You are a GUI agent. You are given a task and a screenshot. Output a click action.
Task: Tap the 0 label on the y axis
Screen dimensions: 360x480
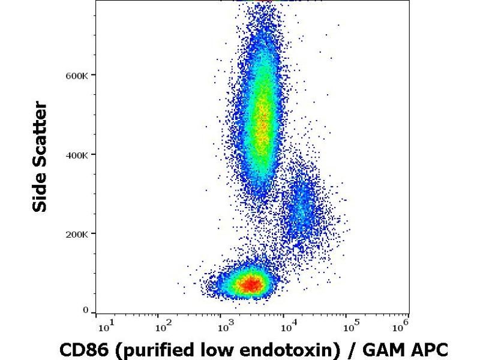point(86,310)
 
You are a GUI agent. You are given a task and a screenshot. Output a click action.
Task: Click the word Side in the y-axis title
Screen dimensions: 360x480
point(40,190)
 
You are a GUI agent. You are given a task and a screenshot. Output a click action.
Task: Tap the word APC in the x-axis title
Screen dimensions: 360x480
point(430,348)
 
